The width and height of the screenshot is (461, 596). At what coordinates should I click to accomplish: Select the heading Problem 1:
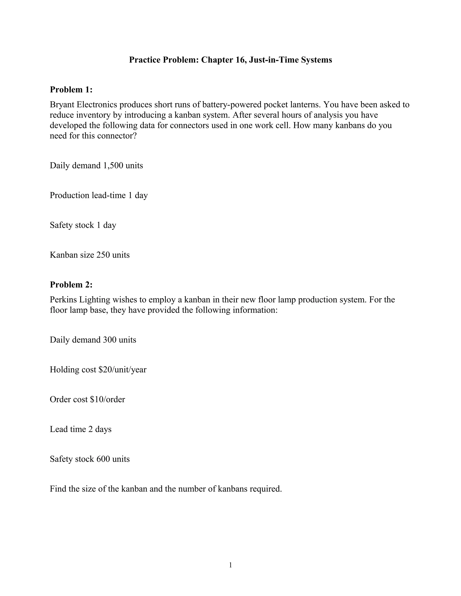coord(71,90)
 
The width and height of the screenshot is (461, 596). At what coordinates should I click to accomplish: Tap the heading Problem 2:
coord(71,285)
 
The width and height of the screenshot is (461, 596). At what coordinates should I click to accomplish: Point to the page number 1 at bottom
coord(230,565)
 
